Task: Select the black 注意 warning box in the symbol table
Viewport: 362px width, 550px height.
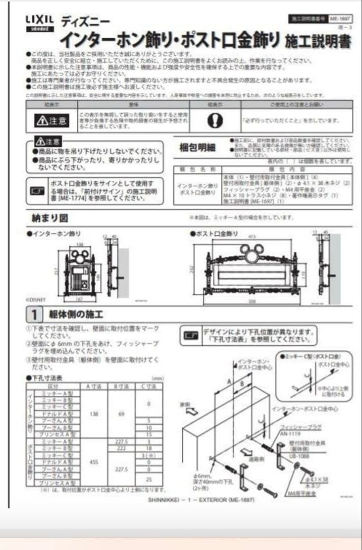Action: [50, 121]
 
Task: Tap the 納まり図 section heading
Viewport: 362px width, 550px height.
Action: [49, 218]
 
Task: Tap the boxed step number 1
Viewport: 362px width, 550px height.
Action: [33, 313]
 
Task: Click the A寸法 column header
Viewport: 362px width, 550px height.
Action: [95, 387]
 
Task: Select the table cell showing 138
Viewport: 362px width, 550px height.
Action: [94, 414]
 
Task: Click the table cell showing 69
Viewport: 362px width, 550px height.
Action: [121, 414]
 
